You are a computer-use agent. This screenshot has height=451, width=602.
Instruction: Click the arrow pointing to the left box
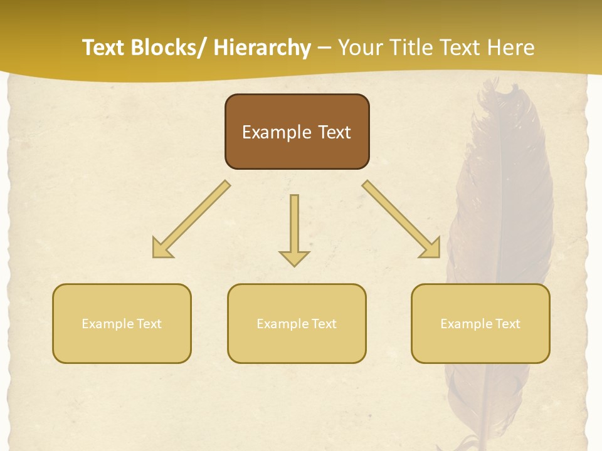(192, 219)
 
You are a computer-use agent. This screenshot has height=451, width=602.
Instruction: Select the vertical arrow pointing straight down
(294, 222)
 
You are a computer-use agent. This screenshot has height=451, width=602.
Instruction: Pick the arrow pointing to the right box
(401, 219)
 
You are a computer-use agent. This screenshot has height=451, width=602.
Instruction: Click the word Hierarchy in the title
(262, 48)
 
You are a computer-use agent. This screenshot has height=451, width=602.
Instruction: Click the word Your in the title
(361, 48)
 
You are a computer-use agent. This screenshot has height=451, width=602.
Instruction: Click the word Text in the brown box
(332, 132)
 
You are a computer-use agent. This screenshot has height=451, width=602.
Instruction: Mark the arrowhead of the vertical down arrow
(294, 257)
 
